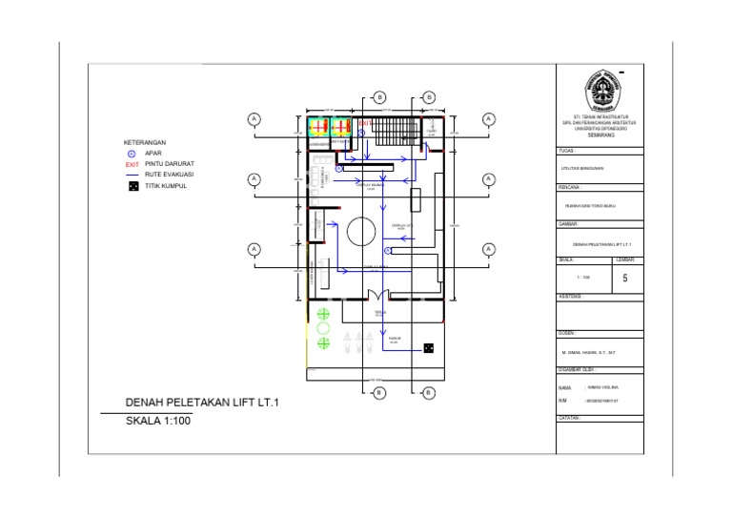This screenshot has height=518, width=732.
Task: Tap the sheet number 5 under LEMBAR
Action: [624, 279]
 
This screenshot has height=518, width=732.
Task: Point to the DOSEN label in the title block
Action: [567, 332]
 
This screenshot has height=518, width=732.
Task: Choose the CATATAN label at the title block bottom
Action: [570, 418]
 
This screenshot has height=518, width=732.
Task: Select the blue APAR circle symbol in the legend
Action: [132, 154]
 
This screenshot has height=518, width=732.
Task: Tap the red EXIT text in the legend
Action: [132, 164]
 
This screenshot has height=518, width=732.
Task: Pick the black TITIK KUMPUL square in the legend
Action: [132, 186]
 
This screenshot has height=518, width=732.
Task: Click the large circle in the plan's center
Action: [360, 232]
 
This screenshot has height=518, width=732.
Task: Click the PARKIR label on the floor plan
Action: [393, 338]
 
